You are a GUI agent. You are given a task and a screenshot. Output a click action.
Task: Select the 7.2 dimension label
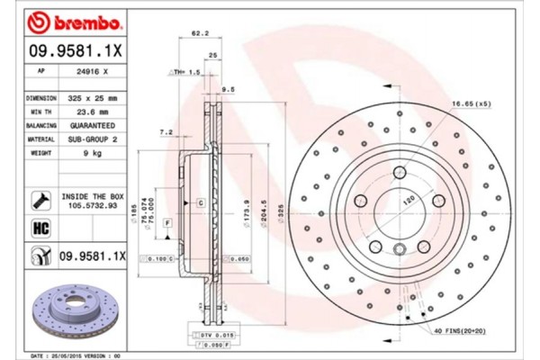coord(166,131)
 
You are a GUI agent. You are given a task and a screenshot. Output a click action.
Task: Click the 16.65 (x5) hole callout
coord(472,103)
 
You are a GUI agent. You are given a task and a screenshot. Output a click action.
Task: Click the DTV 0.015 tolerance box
coord(207,334)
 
